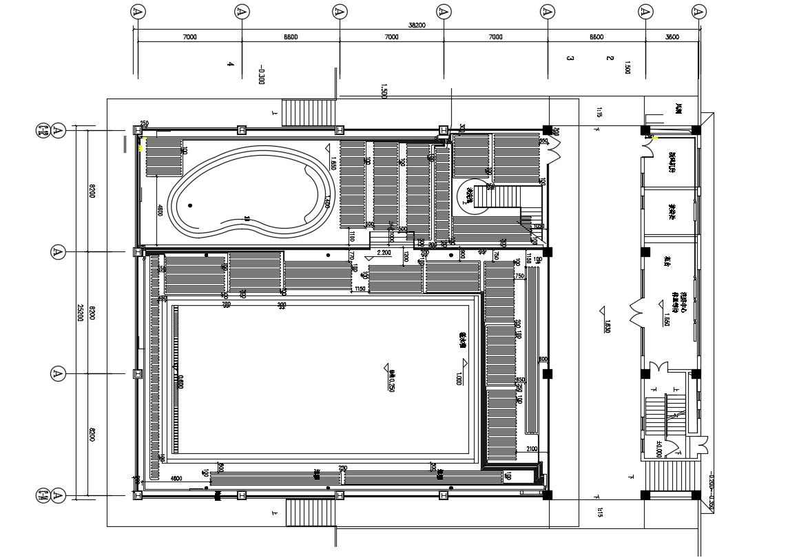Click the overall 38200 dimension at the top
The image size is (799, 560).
point(416,25)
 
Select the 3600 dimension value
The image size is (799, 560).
point(672,37)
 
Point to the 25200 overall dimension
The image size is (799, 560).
point(81,313)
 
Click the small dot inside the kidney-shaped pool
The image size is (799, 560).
point(190,205)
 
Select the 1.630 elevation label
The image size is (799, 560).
point(608,326)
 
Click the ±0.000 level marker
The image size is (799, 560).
point(658,450)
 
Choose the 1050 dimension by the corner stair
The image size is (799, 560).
point(538,227)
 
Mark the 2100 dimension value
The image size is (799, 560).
point(532,449)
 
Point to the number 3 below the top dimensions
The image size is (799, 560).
point(570,59)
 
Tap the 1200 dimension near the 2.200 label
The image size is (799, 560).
point(406,258)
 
